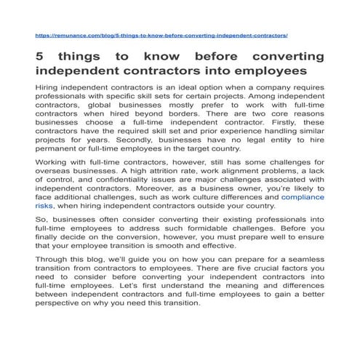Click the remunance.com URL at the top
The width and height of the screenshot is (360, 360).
pyautogui.click(x=161, y=35)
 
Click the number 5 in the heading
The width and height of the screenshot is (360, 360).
pyautogui.click(x=40, y=57)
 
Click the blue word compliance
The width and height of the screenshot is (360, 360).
pyautogui.click(x=303, y=196)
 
